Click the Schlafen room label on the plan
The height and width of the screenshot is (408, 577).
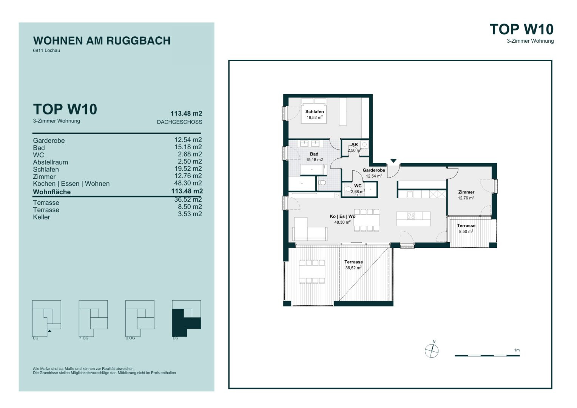[x=315, y=111]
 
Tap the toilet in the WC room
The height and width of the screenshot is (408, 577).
[x=348, y=189]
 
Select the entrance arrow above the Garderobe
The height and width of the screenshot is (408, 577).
[x=393, y=161]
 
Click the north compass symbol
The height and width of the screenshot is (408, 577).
[x=432, y=351]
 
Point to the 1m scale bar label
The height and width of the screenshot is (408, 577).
[x=517, y=350]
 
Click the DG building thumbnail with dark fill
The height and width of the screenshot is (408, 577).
[x=186, y=318]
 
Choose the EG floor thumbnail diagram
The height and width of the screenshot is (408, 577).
[x=46, y=318]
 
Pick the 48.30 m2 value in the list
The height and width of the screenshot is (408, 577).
[x=188, y=183]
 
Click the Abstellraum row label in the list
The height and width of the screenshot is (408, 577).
[x=51, y=162]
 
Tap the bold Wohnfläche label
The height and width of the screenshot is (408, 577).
[x=52, y=192]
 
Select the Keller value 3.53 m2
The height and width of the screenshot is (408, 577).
[x=190, y=214]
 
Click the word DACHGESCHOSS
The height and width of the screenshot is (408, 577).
[x=179, y=122]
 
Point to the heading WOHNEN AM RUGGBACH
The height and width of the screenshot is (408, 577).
[x=102, y=41]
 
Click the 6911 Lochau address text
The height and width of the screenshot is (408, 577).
[x=46, y=51]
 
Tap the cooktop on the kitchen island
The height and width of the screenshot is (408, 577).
[x=411, y=216]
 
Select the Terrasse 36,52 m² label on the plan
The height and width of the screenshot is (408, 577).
[x=353, y=265]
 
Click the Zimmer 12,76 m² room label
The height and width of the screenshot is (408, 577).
[x=466, y=195]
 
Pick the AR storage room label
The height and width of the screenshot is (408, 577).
[x=355, y=145]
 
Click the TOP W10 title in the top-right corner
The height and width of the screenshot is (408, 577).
[x=521, y=29]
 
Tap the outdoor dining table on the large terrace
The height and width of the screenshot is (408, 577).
[x=312, y=272]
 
